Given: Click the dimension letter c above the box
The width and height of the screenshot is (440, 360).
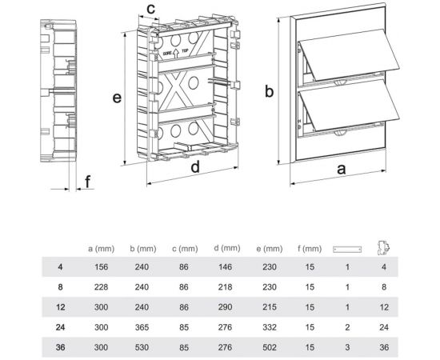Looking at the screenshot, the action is [x=150, y=9].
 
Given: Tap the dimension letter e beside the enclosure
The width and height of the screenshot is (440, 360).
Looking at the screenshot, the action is [x=117, y=98].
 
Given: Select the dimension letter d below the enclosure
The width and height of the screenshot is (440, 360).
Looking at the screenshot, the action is [x=195, y=166].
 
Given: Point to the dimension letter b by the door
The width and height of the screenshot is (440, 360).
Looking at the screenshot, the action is [x=269, y=91].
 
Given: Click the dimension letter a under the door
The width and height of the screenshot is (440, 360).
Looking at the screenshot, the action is [x=341, y=169].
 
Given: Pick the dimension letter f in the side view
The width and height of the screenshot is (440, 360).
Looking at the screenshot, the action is [x=88, y=182].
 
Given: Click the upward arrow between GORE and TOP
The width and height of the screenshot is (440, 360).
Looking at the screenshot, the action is [x=176, y=54].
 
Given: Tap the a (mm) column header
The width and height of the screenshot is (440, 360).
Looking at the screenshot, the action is [x=102, y=249].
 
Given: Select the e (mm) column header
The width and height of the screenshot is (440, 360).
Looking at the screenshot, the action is [x=269, y=249].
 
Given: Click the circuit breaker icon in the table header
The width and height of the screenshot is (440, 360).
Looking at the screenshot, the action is [x=384, y=248].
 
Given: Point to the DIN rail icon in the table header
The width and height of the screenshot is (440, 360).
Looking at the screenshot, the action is [x=347, y=249].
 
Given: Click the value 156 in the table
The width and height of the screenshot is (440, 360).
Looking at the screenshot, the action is [x=101, y=266].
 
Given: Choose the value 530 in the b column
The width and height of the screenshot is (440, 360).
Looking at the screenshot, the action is [x=142, y=347].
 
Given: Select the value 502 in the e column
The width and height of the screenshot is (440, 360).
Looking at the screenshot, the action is [x=270, y=347].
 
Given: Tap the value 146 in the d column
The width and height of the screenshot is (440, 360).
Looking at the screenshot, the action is [x=225, y=266].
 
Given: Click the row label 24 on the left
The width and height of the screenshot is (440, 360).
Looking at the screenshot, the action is [x=60, y=327].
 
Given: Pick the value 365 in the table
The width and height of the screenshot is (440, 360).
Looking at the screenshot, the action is [x=142, y=327].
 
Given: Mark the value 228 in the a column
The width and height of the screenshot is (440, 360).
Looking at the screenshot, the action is [x=101, y=286].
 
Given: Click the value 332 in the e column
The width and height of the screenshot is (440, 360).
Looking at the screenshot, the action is [x=270, y=327].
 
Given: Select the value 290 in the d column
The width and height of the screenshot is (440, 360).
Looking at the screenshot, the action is [x=225, y=306].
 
